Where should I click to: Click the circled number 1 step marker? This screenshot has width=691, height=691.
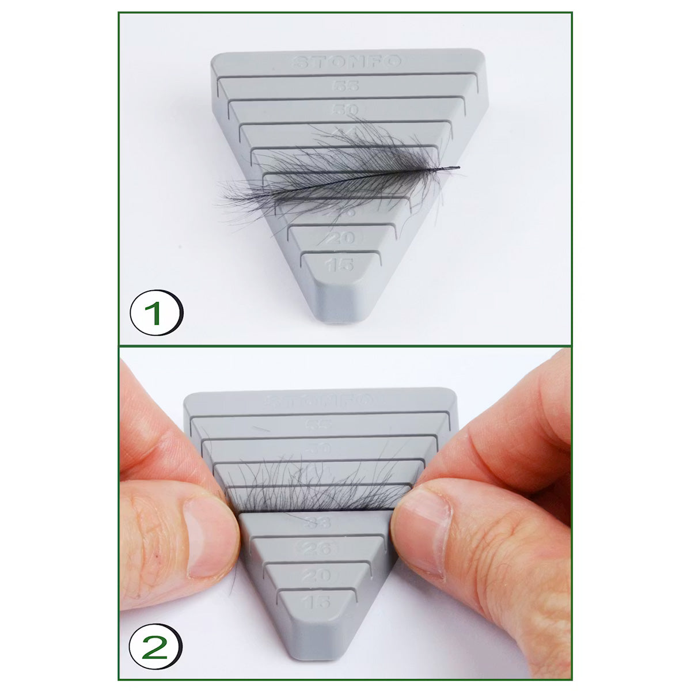click(155, 314)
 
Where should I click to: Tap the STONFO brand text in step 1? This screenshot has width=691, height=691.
click(346, 62)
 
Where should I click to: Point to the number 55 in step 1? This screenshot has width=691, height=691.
click(345, 86)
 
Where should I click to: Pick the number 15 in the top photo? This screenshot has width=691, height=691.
click(339, 265)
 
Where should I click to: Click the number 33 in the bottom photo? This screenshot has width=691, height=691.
click(319, 524)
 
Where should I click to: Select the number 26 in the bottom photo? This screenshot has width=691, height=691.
click(318, 548)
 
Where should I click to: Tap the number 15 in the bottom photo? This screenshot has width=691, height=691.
click(317, 602)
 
